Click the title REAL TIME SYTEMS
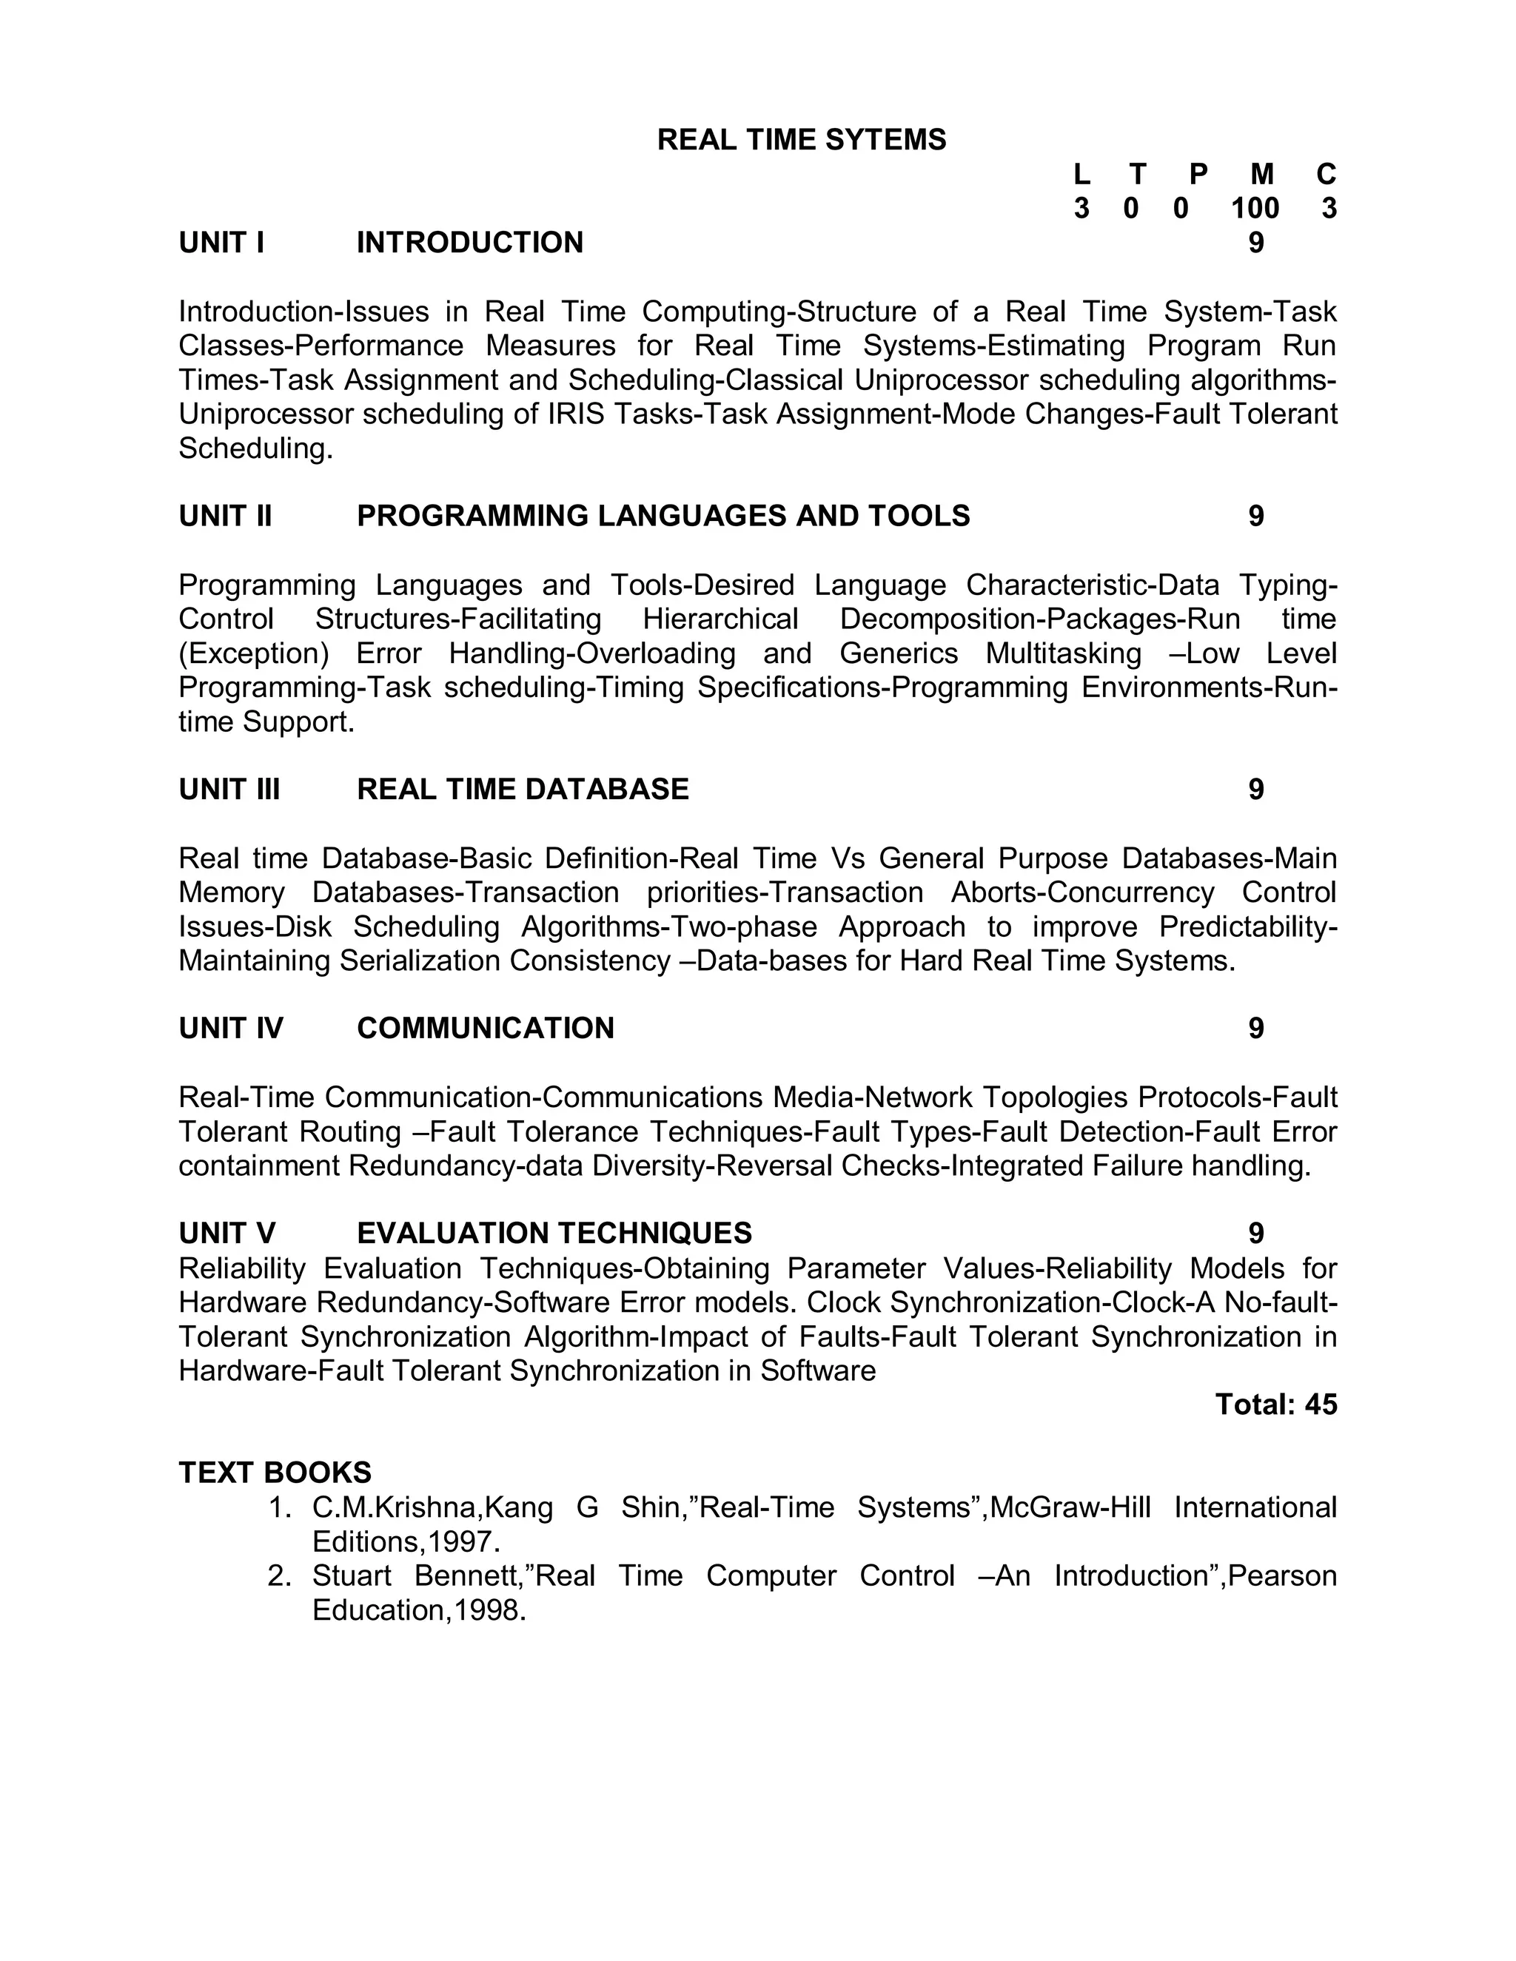[801, 140]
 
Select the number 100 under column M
[1255, 209]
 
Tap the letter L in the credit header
[1081, 174]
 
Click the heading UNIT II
[224, 517]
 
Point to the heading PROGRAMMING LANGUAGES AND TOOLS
[663, 517]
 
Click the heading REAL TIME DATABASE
[523, 790]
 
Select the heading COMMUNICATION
[485, 1028]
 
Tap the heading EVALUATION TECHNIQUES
[554, 1233]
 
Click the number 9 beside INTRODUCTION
[1255, 243]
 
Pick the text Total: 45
[1275, 1405]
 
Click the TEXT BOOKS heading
[275, 1473]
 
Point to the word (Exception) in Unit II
[254, 653]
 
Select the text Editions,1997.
[406, 1541]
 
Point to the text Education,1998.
[418, 1610]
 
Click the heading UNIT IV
[231, 1028]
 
